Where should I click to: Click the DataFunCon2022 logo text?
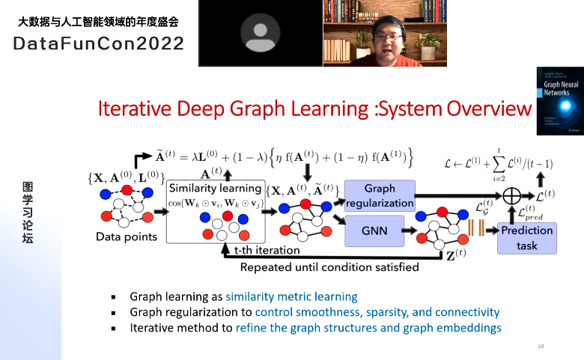[x=99, y=43]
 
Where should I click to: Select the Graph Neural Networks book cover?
[x=556, y=100]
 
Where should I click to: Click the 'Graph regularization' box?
[x=379, y=195]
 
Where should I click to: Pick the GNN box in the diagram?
[x=374, y=231]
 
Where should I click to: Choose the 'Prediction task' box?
[x=526, y=237]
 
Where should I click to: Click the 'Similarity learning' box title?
[x=215, y=188]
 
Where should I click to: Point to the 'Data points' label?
[x=127, y=237]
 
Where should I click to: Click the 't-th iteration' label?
[x=267, y=250]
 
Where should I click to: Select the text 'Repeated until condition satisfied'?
[x=329, y=266]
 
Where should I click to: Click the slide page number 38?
[x=541, y=346]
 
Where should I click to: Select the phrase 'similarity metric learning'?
[x=291, y=296]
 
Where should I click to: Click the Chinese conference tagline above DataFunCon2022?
[x=98, y=22]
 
